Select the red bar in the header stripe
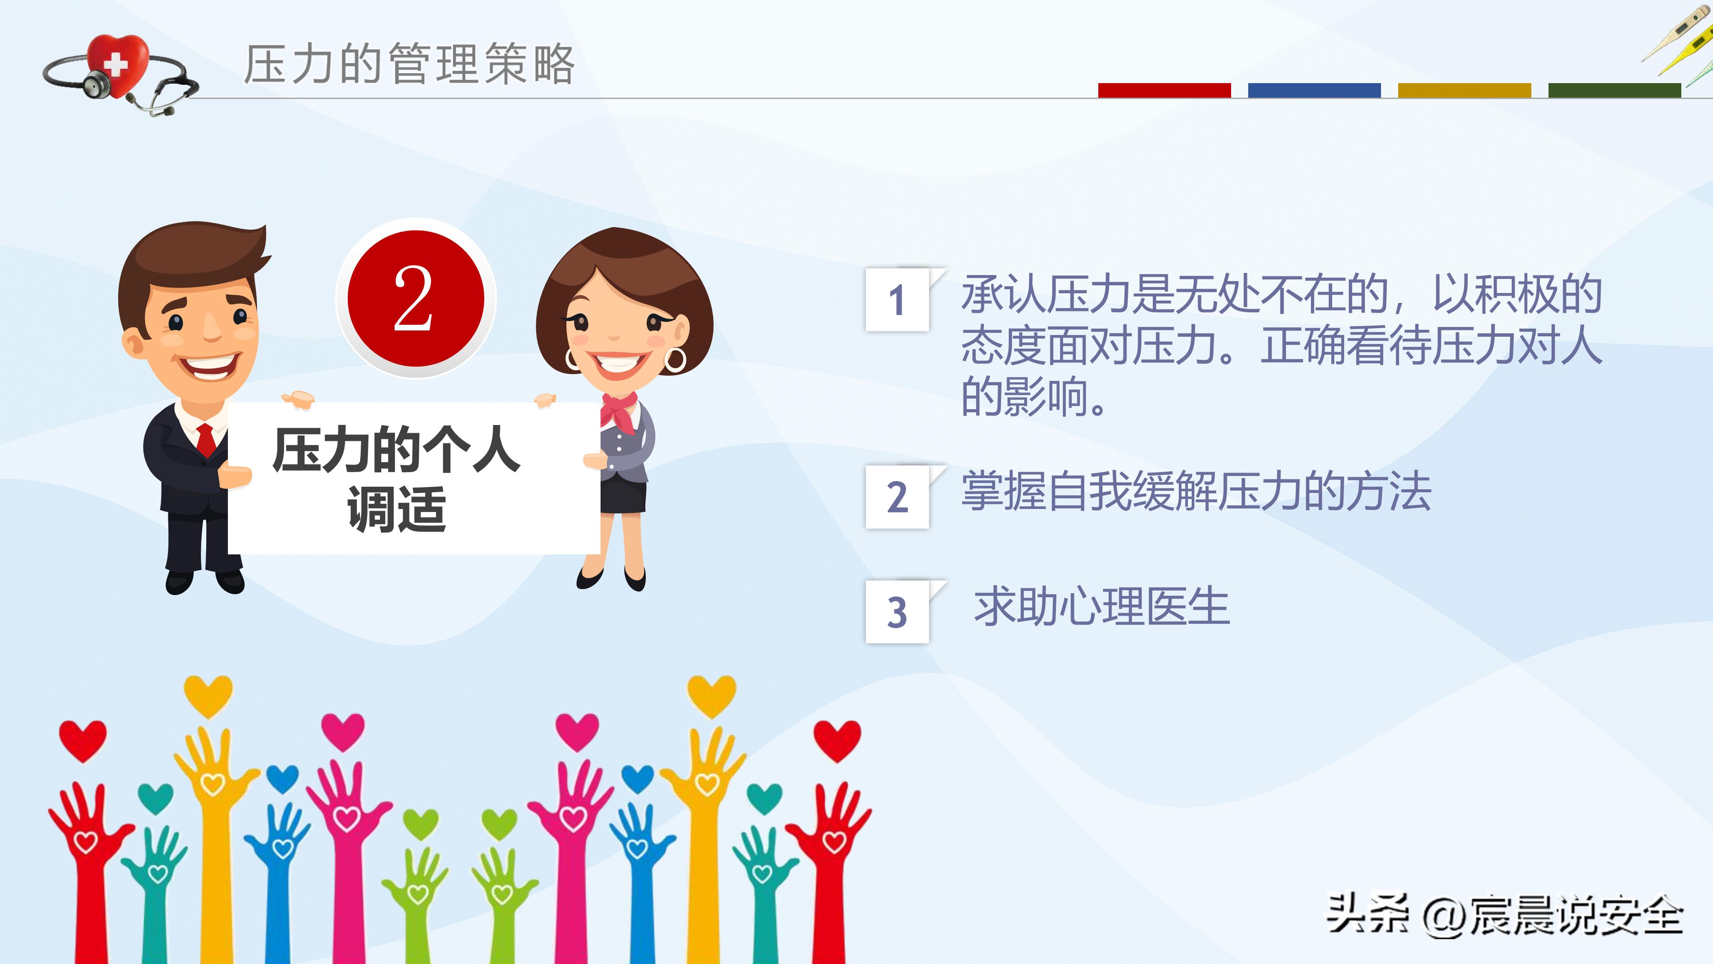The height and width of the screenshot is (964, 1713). [x=1164, y=90]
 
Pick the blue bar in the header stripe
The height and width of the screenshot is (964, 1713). [x=1314, y=90]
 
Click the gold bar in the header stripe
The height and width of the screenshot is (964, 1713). [x=1464, y=90]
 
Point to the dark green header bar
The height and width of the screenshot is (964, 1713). [x=1614, y=90]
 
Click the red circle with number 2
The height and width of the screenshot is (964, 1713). [x=416, y=298]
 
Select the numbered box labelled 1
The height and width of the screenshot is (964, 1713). [x=897, y=300]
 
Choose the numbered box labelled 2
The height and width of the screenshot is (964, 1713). [x=897, y=497]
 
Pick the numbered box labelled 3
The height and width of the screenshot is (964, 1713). [x=897, y=612]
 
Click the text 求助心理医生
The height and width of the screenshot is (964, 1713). [x=1101, y=607]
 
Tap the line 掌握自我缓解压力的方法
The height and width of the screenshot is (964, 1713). [x=1196, y=492]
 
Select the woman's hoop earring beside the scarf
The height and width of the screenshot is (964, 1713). [x=674, y=359]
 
